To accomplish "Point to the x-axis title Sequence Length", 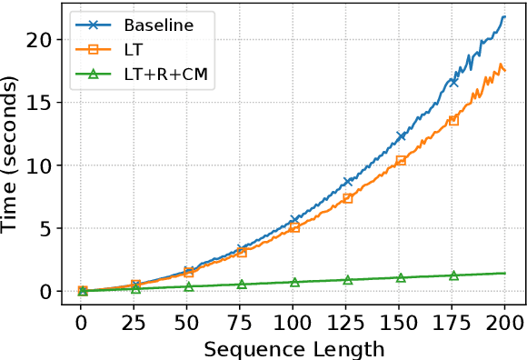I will coord(294,348).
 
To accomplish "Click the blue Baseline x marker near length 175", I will coord(453,82).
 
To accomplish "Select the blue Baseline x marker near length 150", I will coord(401,136).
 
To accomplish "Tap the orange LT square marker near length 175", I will coord(453,120).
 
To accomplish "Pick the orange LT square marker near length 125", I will coord(347,197).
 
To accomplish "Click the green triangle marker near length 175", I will coord(453,275).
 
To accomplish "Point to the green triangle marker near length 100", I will coord(294,282).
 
